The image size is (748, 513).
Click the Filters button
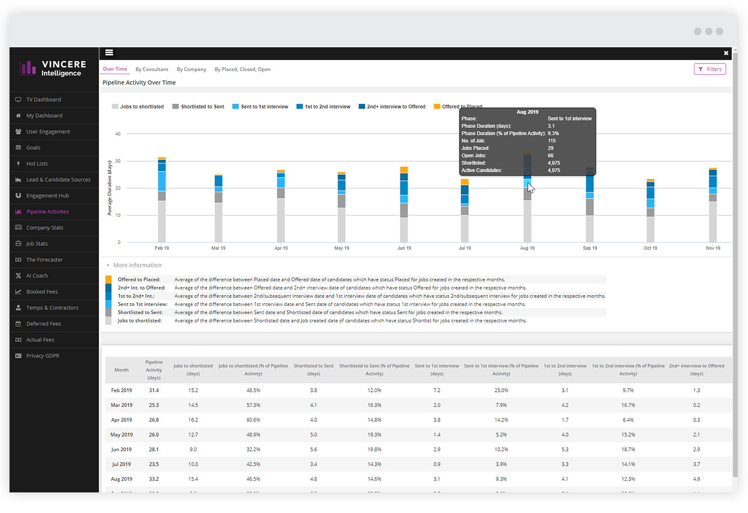[x=710, y=69]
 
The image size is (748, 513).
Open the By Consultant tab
[x=151, y=69]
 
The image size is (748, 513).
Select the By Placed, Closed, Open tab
[x=242, y=69]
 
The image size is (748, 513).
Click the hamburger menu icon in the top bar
[x=109, y=52]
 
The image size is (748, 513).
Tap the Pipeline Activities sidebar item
[x=47, y=212]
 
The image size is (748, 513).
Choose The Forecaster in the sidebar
[x=44, y=260]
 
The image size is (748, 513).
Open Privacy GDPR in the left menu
[x=43, y=356]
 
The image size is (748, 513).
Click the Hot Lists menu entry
[x=37, y=164]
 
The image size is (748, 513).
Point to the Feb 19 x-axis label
[x=162, y=248]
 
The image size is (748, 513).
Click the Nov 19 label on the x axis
[x=713, y=248]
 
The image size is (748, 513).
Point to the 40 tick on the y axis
[x=118, y=134]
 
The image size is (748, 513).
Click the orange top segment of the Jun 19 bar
[x=404, y=170]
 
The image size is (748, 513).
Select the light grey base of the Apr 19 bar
[x=281, y=220]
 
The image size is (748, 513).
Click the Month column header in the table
[x=122, y=370]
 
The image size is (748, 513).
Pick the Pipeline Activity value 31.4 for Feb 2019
[x=154, y=390]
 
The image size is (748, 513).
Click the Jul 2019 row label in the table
[x=122, y=464]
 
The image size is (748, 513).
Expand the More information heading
[x=137, y=265]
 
